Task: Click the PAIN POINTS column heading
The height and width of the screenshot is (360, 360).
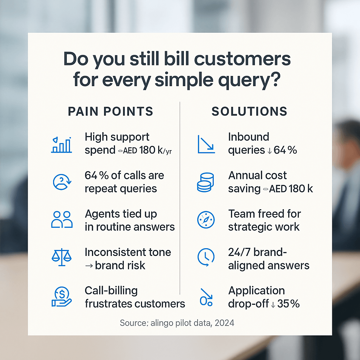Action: coord(110,111)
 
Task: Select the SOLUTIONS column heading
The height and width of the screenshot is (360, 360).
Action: coord(249,111)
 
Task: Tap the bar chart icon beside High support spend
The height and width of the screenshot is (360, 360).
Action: coord(61,145)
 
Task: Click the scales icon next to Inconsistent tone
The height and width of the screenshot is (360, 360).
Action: coord(62,257)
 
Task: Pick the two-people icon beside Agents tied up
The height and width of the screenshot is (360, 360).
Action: coord(62,219)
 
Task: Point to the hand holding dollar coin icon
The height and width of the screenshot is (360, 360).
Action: coord(62,297)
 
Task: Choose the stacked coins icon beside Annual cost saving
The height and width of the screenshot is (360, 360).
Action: coord(205,182)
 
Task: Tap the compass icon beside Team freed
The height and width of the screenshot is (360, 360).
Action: coord(206,220)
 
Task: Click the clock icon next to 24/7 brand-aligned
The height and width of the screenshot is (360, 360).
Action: coord(206,257)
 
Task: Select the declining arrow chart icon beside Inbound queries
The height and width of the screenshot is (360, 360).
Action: coord(206,144)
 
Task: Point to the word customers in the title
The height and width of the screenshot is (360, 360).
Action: coord(243,59)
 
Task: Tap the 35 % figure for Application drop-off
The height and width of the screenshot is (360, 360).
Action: coord(288,303)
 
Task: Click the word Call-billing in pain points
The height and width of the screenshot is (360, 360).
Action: coord(111,291)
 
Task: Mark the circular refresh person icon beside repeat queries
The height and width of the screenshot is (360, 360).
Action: coord(62,182)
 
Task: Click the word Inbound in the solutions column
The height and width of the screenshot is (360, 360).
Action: coord(249,137)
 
